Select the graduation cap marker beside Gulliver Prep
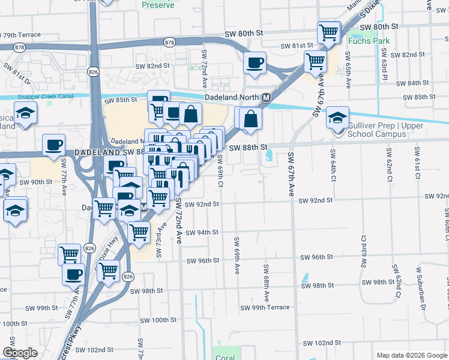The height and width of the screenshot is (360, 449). click(338, 118)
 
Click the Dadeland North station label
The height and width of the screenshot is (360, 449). click(231, 97)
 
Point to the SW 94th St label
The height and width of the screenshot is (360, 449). click(202, 232)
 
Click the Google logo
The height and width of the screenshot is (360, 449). click(20, 353)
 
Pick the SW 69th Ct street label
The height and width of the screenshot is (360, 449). click(220, 170)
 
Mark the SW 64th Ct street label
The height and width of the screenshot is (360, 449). click(332, 162)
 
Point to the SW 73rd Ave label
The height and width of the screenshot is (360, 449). click(161, 239)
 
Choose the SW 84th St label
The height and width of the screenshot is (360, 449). click(420, 83)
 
